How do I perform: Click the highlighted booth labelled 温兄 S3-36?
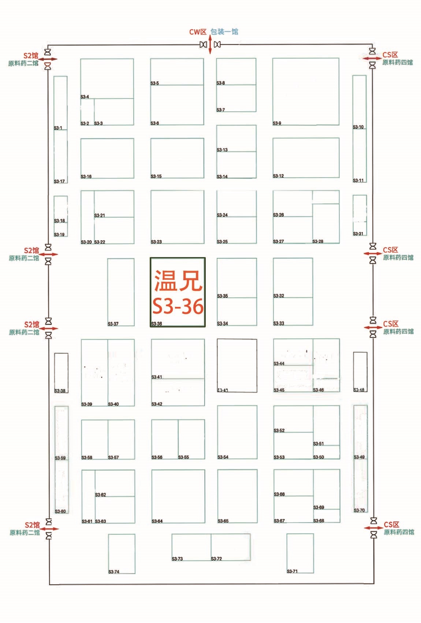point(178,292)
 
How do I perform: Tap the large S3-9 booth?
point(305,92)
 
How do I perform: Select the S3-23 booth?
point(177,217)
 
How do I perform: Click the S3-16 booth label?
point(86,177)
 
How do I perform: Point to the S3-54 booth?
point(237,432)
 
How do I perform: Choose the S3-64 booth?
point(178,496)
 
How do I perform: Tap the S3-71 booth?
point(300,553)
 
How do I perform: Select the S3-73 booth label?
point(177,559)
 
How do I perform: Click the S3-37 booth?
point(121,292)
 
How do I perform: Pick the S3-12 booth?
point(305,158)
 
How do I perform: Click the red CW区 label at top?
point(198,32)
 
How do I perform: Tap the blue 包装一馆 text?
point(224,32)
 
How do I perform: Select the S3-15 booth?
point(177,158)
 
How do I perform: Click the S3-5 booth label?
point(154,83)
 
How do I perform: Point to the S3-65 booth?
point(237,496)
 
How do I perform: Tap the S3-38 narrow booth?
point(61,372)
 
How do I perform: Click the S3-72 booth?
point(230,547)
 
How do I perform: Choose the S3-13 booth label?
point(222,150)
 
